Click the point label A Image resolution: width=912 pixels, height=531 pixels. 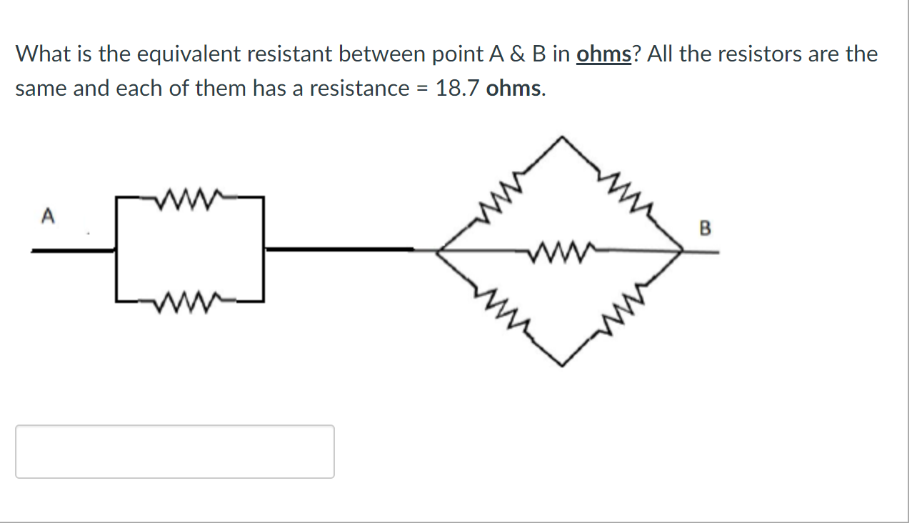[x=49, y=214]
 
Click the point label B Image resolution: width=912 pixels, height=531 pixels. [x=705, y=229]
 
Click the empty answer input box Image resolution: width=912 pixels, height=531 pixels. [x=175, y=452]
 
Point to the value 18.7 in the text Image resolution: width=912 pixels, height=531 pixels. [x=458, y=89]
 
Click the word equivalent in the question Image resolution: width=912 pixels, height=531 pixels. [x=192, y=54]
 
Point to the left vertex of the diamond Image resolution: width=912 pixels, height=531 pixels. [x=437, y=250]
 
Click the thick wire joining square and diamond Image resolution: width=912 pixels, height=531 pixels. [x=339, y=249]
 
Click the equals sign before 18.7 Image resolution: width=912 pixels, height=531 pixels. [x=421, y=89]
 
